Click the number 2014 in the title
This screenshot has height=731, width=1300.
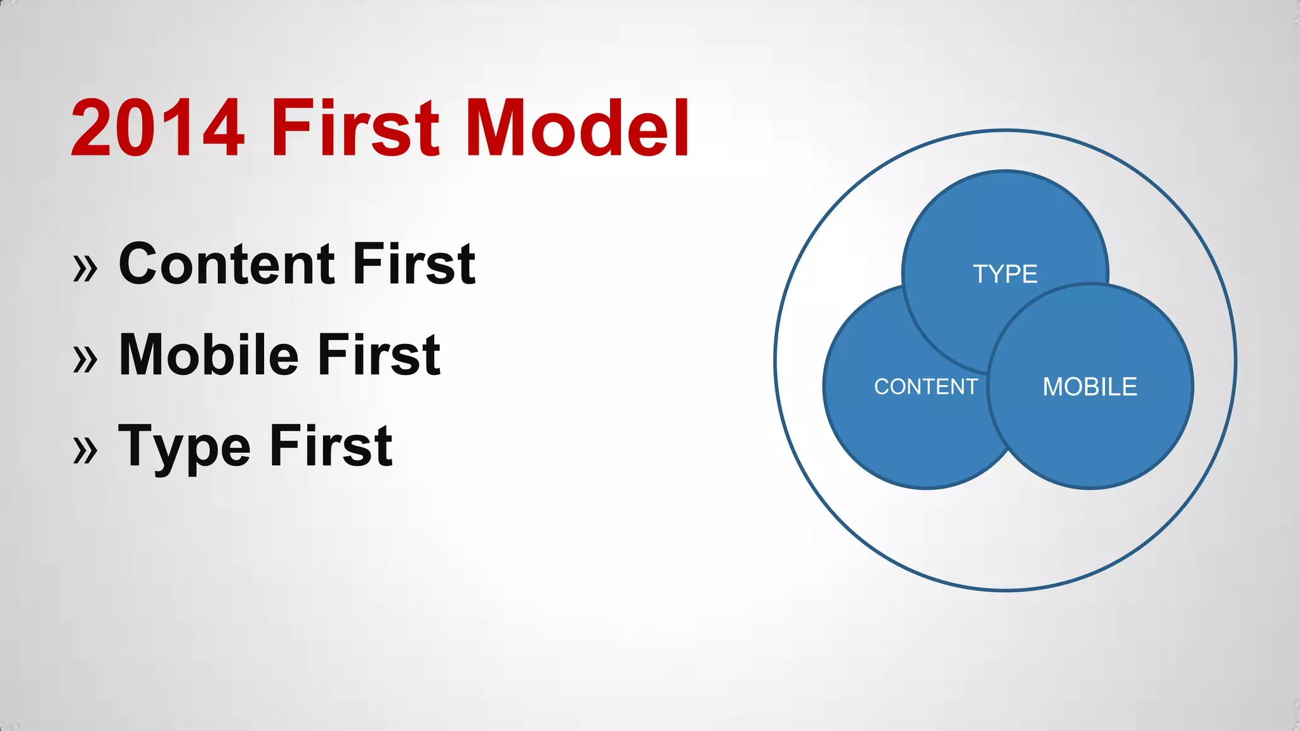(157, 129)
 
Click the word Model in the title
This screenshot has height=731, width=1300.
(578, 129)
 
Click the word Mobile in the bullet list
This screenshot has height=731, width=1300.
(208, 355)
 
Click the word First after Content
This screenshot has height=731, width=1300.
(414, 264)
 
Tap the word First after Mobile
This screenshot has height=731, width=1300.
(379, 355)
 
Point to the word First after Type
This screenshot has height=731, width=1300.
(331, 447)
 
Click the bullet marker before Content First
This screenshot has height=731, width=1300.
(86, 268)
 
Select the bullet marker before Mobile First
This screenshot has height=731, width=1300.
(86, 359)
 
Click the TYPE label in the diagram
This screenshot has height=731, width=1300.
(1005, 274)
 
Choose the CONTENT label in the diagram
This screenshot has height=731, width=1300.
(925, 386)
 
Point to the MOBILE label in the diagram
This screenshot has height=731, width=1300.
(1089, 386)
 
